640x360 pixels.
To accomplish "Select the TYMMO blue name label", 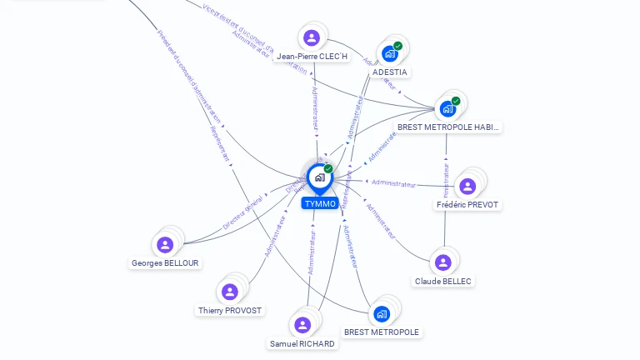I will pos(320,203).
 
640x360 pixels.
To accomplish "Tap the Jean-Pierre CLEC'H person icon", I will pos(312,37).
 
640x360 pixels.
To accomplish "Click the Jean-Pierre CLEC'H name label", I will pos(311,57).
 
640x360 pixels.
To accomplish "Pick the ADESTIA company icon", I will pos(389,54).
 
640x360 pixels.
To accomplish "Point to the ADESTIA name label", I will pos(390,72).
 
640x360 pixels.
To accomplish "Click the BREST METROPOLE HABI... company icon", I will pos(447,108).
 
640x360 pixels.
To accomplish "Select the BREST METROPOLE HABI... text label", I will pos(447,127).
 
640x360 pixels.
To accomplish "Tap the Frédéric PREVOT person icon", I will pos(467,186).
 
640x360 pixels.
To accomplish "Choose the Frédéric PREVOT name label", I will pos(468,205).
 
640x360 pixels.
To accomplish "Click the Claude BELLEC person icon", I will pos(443,262).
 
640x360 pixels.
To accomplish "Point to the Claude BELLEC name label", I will pos(443,282).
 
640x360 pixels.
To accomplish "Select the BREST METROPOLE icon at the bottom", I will pos(382,313).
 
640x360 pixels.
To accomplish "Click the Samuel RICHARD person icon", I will pos(302,325).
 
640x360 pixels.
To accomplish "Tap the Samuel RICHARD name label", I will pos(302,343).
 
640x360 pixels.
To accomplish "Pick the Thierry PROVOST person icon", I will pos(230,292).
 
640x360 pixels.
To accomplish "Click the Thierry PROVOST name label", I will pos(230,311).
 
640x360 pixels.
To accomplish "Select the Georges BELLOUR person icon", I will pos(165,244).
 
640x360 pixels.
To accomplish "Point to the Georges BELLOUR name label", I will pos(166,263).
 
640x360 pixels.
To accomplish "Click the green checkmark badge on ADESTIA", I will pos(397,47).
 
